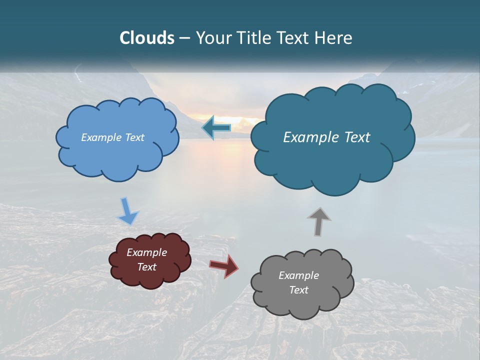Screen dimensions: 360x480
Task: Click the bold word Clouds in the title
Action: click(x=147, y=38)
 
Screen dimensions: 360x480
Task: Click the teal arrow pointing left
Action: click(x=216, y=128)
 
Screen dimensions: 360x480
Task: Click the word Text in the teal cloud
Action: click(x=356, y=137)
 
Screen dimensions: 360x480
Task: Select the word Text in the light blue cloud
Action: click(x=135, y=137)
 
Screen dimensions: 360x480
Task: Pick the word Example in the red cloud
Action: click(x=146, y=252)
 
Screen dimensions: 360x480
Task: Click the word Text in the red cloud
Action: click(x=147, y=267)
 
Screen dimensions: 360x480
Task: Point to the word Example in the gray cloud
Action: click(x=298, y=275)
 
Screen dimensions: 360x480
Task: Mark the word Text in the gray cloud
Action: click(x=298, y=290)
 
